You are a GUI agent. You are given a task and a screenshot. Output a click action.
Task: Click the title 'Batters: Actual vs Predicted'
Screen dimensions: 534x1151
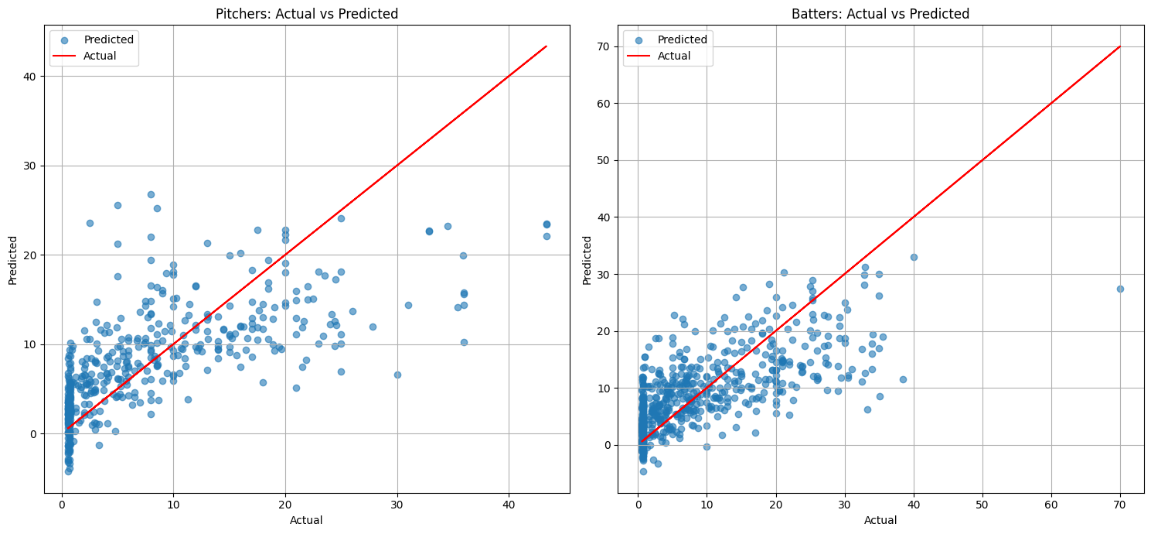click(x=880, y=13)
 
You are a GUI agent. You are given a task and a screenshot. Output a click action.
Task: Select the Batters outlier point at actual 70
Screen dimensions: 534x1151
click(x=1120, y=289)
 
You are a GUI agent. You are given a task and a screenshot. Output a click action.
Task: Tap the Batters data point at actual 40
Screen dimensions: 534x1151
click(x=914, y=257)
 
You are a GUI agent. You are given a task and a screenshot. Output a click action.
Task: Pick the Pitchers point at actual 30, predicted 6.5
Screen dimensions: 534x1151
click(x=397, y=375)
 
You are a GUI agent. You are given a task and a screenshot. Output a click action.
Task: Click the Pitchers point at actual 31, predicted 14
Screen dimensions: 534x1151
click(x=408, y=305)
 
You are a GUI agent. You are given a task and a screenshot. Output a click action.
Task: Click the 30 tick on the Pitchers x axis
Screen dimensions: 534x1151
click(x=397, y=504)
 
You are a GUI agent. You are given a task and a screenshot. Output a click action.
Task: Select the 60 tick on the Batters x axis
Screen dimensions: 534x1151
click(x=1051, y=504)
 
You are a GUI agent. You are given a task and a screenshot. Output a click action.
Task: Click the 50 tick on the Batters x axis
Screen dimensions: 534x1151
click(x=982, y=504)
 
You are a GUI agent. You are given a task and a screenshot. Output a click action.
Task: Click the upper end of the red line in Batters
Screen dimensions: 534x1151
click(x=1120, y=46)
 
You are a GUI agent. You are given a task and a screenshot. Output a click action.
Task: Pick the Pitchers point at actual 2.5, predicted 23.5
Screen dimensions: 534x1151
click(x=90, y=223)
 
